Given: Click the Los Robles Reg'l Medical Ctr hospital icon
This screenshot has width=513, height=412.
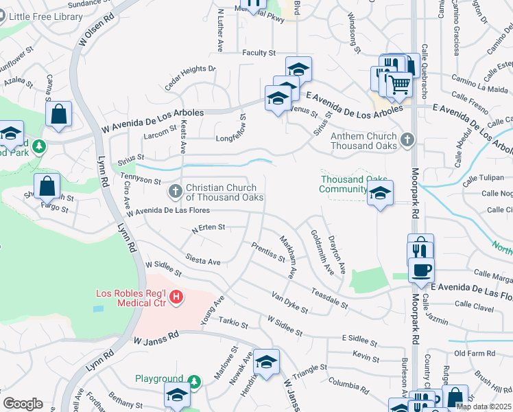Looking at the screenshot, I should pyautogui.click(x=176, y=297).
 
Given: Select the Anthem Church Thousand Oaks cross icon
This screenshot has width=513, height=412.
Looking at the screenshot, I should pyautogui.click(x=407, y=140).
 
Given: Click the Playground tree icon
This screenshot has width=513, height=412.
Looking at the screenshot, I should pyautogui.click(x=194, y=380).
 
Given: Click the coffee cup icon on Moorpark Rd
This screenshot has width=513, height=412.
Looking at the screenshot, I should pyautogui.click(x=421, y=269).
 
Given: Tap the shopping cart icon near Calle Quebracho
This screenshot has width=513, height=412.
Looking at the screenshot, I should pyautogui.click(x=399, y=84).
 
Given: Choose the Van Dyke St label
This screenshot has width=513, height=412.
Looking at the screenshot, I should pyautogui.click(x=289, y=302).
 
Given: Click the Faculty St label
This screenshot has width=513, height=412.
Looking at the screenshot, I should pyautogui.click(x=258, y=53).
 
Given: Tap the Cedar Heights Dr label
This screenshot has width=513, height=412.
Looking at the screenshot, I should pyautogui.click(x=190, y=78).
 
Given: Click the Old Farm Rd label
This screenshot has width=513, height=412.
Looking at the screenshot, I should pyautogui.click(x=470, y=354).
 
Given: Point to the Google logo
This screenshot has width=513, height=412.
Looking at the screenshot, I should pyautogui.click(x=23, y=404).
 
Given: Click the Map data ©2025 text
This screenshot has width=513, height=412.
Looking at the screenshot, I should pyautogui.click(x=483, y=407).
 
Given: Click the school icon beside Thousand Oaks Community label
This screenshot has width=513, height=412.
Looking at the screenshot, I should pyautogui.click(x=379, y=194).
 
